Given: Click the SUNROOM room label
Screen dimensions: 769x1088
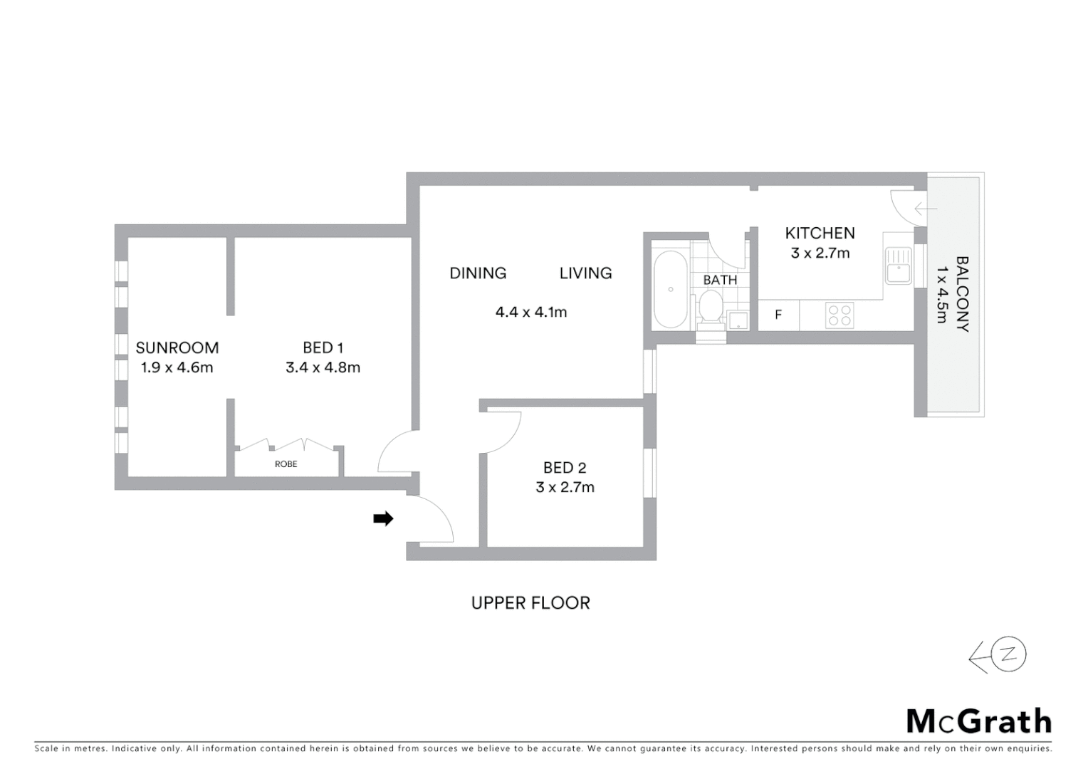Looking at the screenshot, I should click(177, 347).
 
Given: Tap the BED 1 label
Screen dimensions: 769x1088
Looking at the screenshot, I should click(323, 347).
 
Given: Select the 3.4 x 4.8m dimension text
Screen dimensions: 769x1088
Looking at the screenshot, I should click(323, 367).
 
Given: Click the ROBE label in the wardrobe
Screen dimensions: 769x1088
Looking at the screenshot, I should click(286, 464).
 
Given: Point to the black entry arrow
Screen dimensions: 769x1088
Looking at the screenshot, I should click(383, 519).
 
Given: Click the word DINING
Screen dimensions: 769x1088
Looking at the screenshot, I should click(478, 273).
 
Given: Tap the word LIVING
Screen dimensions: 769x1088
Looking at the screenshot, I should click(585, 273).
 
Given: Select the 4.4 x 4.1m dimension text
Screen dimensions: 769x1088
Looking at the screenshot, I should click(531, 312).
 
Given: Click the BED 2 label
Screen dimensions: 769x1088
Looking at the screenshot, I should click(565, 468).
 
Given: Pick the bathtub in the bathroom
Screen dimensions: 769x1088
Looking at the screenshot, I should click(670, 289).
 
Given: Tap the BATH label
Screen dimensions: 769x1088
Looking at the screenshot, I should click(720, 280).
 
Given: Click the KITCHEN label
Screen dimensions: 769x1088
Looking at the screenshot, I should click(820, 233).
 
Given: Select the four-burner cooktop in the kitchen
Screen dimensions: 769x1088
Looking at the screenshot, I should click(840, 315).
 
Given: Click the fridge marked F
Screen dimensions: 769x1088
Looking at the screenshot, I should click(778, 315).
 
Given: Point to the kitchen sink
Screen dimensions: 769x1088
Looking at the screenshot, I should click(899, 266).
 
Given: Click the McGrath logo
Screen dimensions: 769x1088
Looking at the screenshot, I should click(978, 721).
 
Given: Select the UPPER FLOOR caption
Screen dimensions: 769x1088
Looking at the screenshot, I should click(530, 603).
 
